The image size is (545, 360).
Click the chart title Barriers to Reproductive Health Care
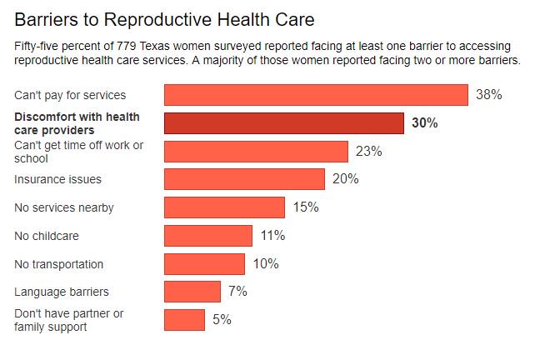(158, 17)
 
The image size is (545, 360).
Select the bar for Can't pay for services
(316, 95)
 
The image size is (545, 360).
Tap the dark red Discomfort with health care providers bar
(284, 123)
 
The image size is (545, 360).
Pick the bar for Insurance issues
(244, 179)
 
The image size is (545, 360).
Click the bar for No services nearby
(224, 207)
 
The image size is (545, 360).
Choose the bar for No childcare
(208, 236)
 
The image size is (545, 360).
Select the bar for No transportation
(204, 264)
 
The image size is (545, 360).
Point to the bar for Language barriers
(192, 292)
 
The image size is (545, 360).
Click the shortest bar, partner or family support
(184, 320)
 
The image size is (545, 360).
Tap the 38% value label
(488, 95)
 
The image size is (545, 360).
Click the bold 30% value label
(424, 123)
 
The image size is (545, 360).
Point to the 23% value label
(368, 152)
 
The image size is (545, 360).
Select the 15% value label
(306, 207)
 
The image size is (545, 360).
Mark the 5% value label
(222, 320)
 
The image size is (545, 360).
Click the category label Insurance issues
(58, 179)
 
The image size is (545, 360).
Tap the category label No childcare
(47, 236)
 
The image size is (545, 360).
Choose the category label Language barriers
(62, 292)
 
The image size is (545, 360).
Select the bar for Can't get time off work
(256, 152)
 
